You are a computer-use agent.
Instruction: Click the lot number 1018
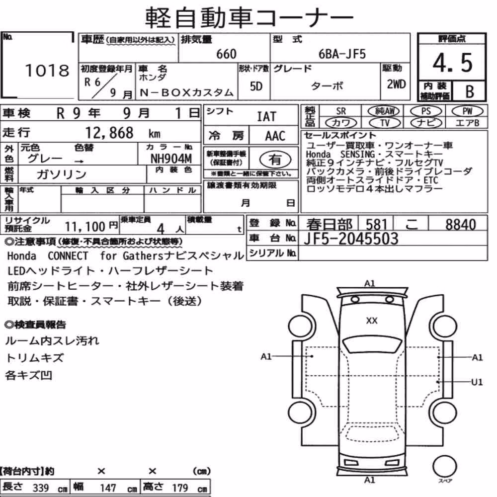(47, 71)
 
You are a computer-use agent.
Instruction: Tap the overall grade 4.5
(452, 63)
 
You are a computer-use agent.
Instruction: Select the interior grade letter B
(470, 91)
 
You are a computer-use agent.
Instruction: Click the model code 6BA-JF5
(342, 54)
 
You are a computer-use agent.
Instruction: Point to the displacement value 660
(226, 54)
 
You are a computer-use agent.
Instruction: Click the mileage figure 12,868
(109, 133)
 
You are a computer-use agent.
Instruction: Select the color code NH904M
(171, 159)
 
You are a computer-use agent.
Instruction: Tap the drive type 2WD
(396, 84)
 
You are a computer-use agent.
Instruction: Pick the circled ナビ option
(426, 123)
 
